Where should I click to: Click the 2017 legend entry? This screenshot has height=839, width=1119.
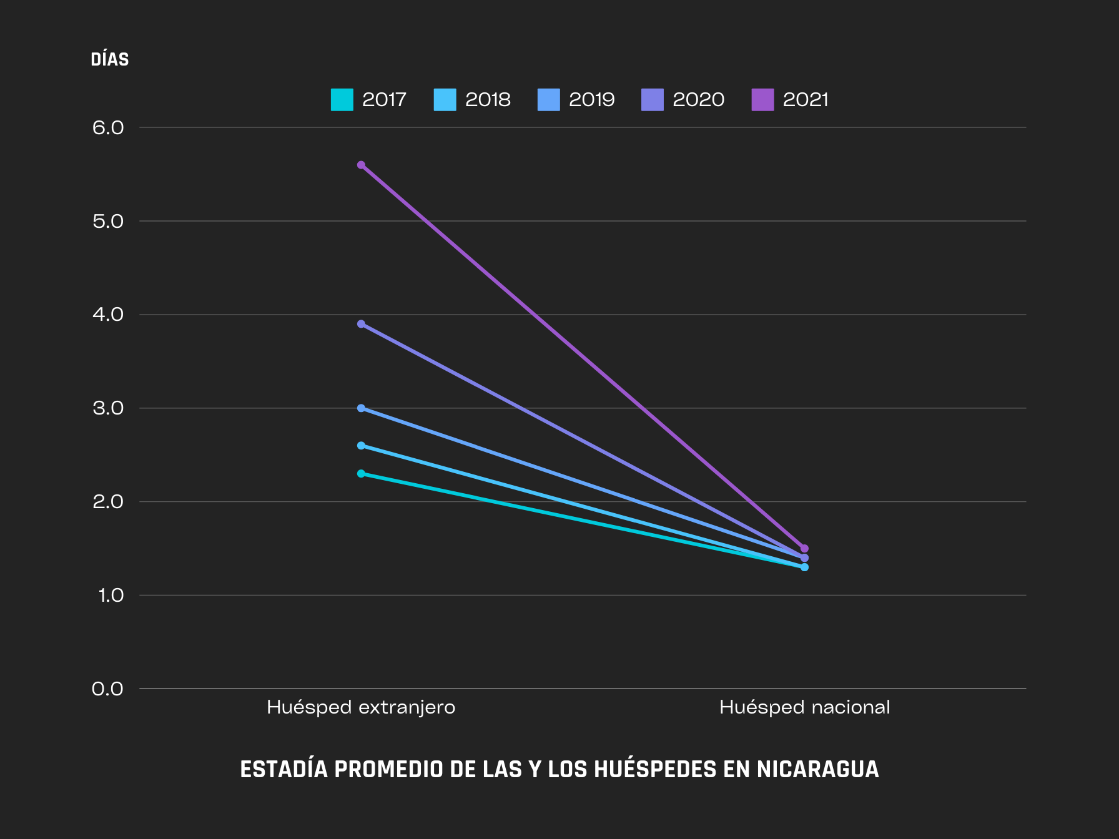368,99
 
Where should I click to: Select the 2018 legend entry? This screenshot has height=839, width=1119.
472,99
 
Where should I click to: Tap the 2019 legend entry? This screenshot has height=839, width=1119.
576,99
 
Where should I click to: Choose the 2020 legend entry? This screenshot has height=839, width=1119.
683,99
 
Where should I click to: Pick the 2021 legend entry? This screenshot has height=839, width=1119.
790,99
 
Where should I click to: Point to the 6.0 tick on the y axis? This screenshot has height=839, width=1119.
108,128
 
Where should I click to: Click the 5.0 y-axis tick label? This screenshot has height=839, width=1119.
108,222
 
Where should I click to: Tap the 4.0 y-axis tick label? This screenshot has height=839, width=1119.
108,315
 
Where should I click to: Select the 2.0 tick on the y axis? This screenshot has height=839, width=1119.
108,502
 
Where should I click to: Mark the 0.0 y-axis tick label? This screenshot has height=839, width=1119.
108,689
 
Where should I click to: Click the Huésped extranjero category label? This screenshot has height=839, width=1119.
361,707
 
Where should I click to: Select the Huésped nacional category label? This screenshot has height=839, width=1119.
804,707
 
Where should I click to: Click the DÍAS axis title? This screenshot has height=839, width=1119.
110,60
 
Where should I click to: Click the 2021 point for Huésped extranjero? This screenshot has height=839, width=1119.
361,165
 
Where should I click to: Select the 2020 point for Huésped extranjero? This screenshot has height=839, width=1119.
361,324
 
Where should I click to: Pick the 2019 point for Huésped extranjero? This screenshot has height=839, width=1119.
361,408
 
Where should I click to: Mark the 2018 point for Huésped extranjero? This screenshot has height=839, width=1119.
361,446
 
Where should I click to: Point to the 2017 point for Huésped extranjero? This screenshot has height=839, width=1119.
361,474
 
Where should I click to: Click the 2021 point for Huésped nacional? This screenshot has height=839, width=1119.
804,549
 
